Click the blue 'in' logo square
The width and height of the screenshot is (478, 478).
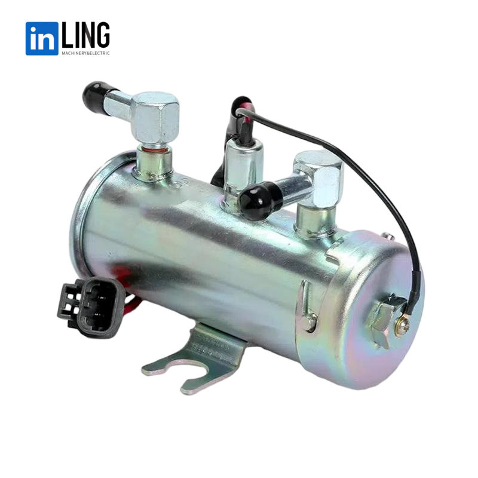pyautogui.click(x=42, y=38)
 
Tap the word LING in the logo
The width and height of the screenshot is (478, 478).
pyautogui.click(x=85, y=35)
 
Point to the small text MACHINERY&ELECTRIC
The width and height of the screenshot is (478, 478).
pyautogui.click(x=85, y=53)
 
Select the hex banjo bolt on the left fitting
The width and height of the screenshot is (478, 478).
pyautogui.click(x=155, y=117)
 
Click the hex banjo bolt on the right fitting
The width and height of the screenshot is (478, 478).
pyautogui.click(x=319, y=178)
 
